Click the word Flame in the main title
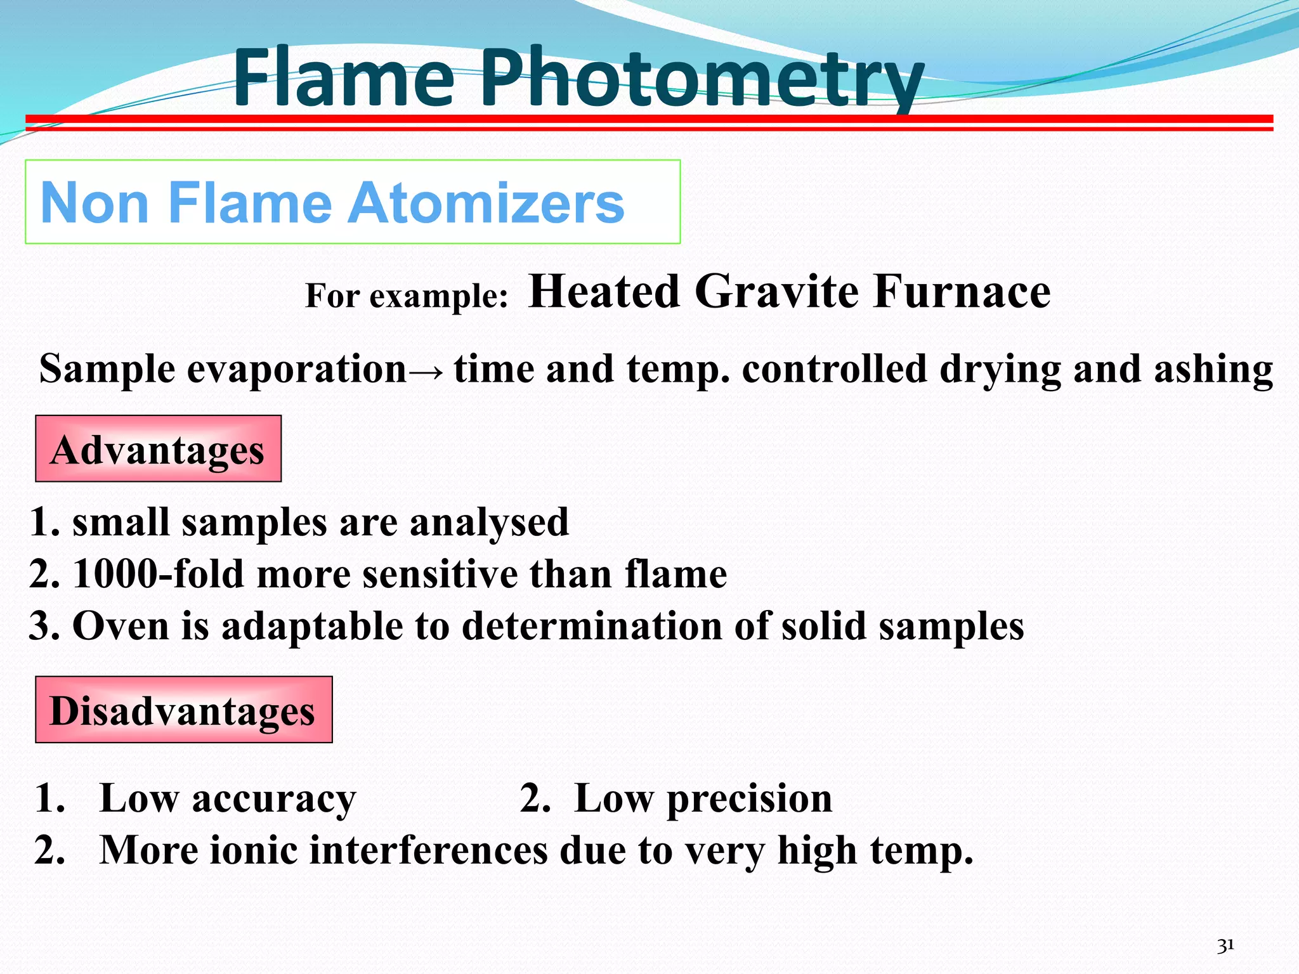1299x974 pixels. pos(343,79)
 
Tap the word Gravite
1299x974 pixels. pos(777,292)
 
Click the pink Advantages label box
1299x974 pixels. pos(158,449)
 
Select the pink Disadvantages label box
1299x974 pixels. pos(183,710)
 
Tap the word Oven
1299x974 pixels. pos(121,626)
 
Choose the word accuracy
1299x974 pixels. pos(274,798)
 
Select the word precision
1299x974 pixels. pos(749,798)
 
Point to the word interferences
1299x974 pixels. pos(428,850)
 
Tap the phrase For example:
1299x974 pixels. pos(407,296)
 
